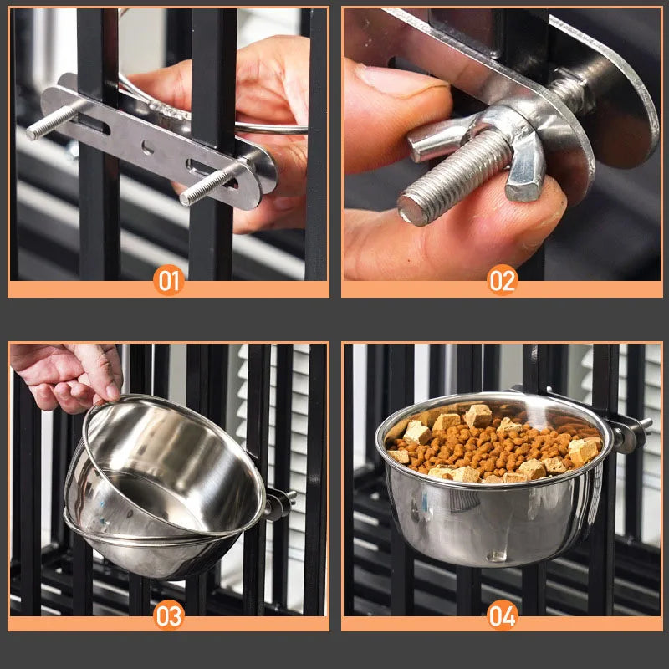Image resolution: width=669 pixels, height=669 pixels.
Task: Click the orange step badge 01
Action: pos(169,280)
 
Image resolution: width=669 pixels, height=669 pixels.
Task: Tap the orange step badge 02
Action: pos(503,280)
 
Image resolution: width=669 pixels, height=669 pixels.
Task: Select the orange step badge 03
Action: pos(169,615)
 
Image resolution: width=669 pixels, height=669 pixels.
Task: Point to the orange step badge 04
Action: pos(503,615)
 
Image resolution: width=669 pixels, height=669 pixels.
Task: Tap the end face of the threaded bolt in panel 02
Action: pos(411,209)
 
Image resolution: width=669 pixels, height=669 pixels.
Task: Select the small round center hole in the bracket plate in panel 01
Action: pos(148,148)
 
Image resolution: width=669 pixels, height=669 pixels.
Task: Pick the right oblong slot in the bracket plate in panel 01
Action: pos(209,173)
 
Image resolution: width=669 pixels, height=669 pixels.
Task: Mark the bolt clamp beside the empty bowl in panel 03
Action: pos(279,503)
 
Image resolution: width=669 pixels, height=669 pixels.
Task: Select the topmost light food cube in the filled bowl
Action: pos(477,415)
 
